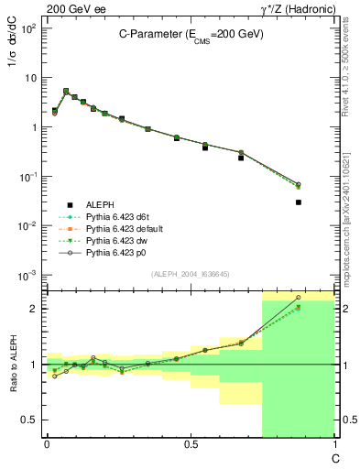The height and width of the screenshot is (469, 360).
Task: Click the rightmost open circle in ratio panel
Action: (299, 298)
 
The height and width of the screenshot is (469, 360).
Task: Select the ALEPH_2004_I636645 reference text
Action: (190, 275)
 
